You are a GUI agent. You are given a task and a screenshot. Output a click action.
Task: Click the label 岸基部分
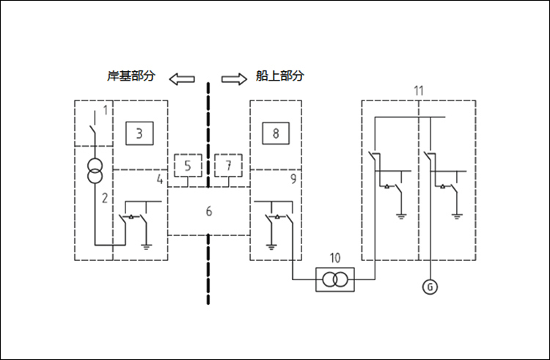tap(131, 76)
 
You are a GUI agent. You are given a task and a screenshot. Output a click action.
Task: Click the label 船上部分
tap(279, 76)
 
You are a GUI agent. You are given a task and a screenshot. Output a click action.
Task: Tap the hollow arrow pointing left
tap(181, 78)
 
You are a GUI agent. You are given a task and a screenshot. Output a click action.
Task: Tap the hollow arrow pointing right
tap(234, 78)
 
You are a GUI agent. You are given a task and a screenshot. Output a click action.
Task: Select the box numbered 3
tap(139, 133)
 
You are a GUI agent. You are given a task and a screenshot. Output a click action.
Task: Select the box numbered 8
tap(276, 133)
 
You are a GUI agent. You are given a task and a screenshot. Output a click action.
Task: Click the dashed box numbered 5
tap(188, 166)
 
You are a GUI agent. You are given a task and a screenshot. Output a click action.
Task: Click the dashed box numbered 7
tap(229, 166)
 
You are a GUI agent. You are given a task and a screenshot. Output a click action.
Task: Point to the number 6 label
tap(209, 212)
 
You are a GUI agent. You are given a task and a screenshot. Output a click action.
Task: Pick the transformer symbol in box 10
tap(335, 279)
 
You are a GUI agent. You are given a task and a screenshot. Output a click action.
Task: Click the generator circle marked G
tap(430, 287)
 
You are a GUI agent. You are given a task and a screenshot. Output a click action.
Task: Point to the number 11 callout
tap(418, 91)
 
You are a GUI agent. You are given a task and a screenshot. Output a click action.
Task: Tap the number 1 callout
tap(106, 111)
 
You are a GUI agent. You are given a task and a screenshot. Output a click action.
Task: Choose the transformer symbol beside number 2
tap(93, 173)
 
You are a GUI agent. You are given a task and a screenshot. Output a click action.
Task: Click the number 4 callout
tap(158, 178)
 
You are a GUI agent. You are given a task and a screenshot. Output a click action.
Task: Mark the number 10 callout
tap(335, 257)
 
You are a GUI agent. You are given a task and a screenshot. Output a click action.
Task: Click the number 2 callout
tap(105, 198)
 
